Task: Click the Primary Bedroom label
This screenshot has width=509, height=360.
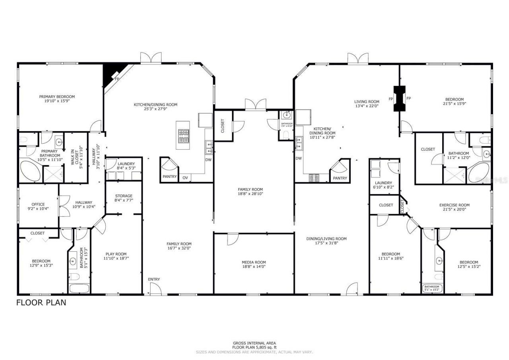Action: click(x=57, y=97)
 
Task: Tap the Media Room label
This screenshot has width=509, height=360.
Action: click(x=254, y=262)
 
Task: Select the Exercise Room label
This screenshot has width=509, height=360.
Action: click(x=454, y=205)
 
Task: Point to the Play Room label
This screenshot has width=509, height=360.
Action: click(x=116, y=254)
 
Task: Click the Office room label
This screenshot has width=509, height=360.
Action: click(x=38, y=204)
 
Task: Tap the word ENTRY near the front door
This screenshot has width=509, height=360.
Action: click(x=154, y=279)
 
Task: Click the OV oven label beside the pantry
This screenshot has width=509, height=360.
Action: click(x=185, y=177)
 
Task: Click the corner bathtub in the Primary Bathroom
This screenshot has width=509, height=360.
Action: click(x=30, y=171)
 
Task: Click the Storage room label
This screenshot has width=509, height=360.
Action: click(x=124, y=196)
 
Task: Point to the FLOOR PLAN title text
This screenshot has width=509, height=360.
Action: click(x=41, y=303)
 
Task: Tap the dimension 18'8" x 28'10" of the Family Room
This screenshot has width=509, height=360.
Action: click(x=251, y=194)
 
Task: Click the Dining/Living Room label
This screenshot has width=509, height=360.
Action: click(x=326, y=239)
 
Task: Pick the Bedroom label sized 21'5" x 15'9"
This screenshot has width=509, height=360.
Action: click(x=454, y=99)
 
